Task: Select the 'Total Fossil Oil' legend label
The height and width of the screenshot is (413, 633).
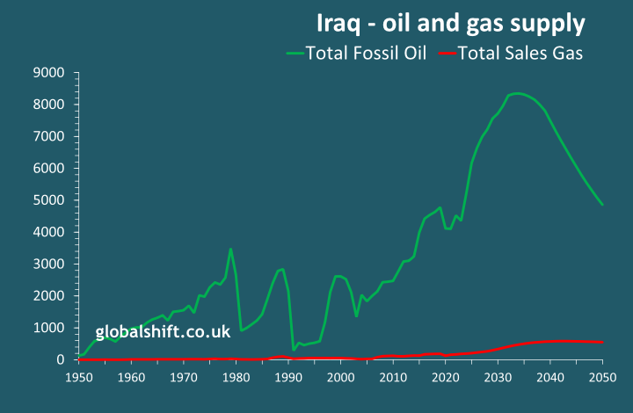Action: (367, 53)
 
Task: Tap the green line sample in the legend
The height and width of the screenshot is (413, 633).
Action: (295, 54)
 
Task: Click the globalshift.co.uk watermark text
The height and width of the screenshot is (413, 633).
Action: (163, 332)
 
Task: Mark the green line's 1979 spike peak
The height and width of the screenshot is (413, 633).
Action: (230, 249)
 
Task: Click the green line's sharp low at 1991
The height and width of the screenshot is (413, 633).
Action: (294, 350)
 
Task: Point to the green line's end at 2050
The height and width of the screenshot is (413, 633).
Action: (602, 205)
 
